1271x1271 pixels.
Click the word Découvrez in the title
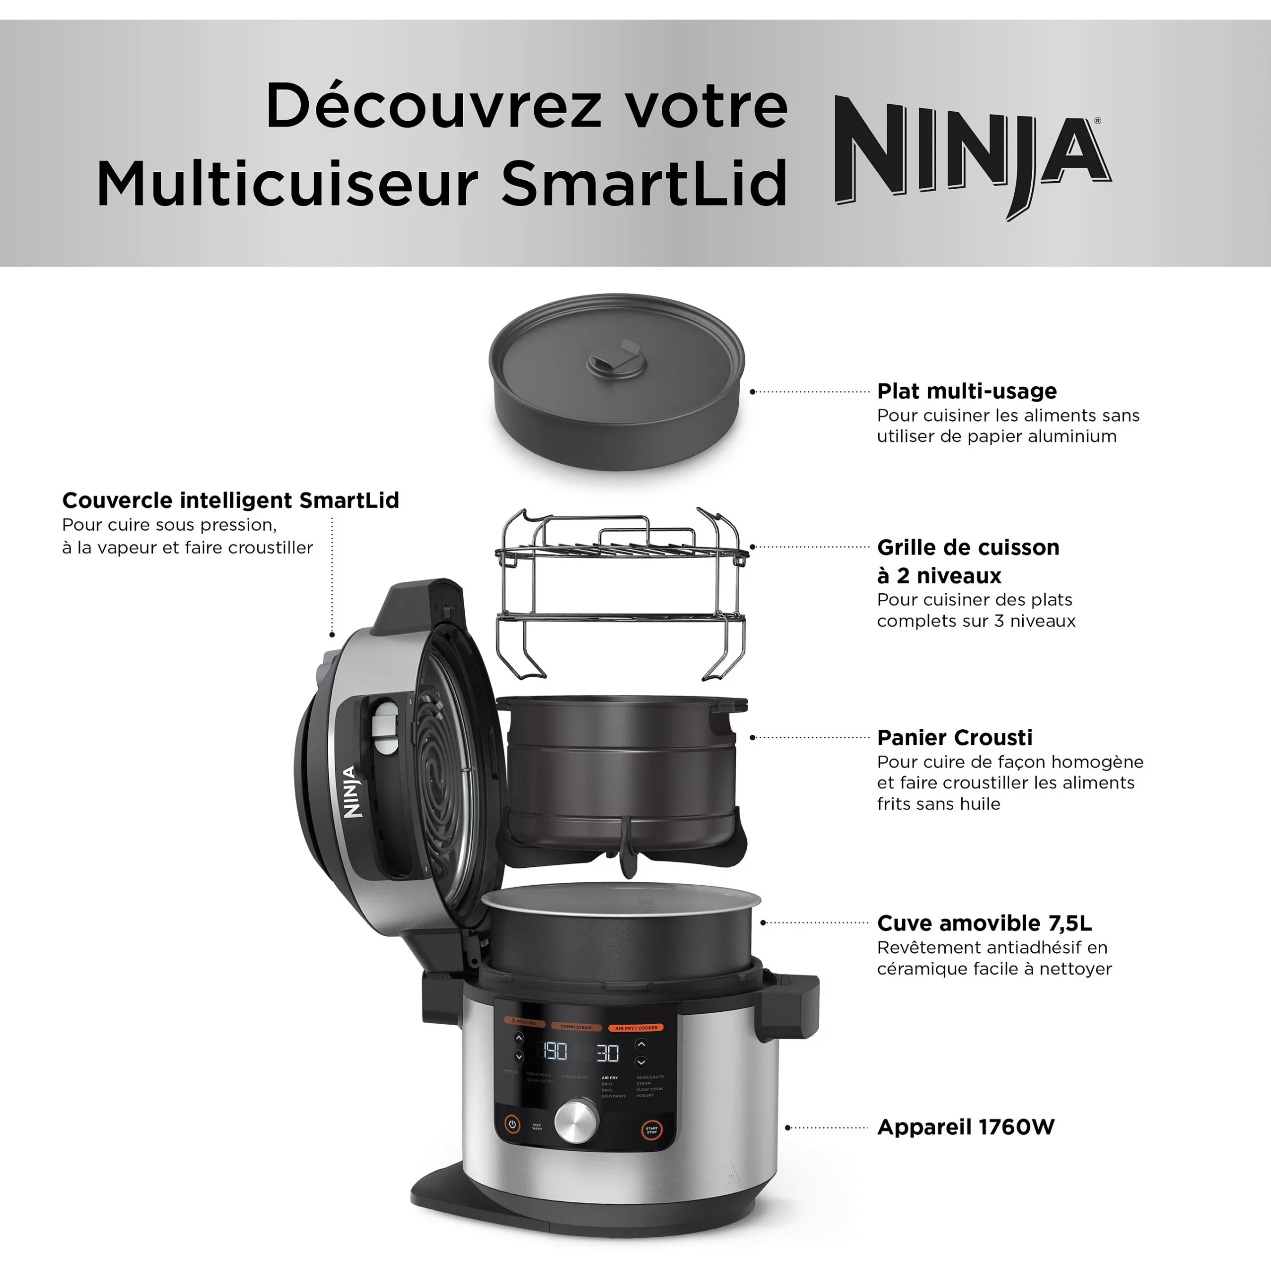point(433,107)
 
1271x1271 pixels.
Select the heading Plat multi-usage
point(967,391)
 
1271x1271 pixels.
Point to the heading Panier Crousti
point(955,737)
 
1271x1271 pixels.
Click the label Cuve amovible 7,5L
point(984,923)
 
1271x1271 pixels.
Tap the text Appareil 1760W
point(966,1127)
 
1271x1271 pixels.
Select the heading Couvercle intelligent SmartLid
point(230,500)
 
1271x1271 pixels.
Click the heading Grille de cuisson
point(968,547)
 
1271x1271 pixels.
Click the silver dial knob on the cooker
point(577,1120)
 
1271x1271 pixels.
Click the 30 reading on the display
point(607,1053)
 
